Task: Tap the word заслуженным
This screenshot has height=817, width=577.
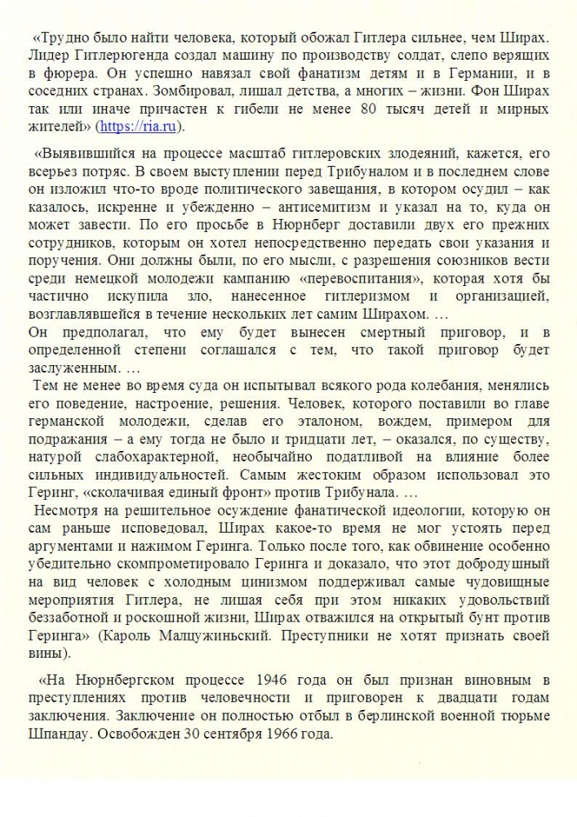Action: (72, 368)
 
